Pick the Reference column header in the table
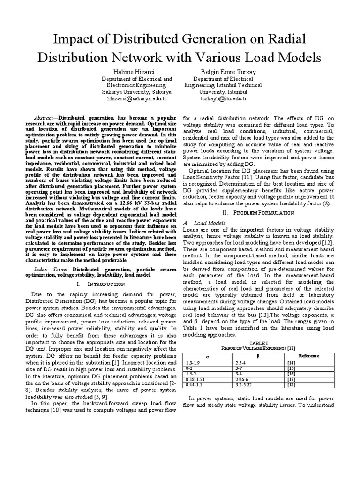pyautogui.click(x=308, y=356)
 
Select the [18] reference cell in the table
pyautogui.click(x=291, y=384)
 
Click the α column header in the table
pyautogui.click(x=209, y=356)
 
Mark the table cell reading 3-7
pyautogui.click(x=238, y=368)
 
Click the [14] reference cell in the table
pyautogui.click(x=291, y=363)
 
